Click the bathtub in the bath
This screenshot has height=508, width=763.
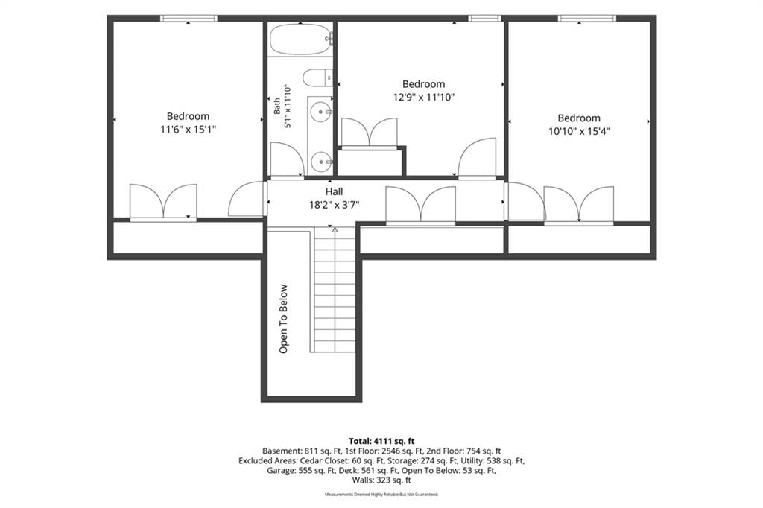point(301,39)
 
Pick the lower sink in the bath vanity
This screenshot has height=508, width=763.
point(320,162)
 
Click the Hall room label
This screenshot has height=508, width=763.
point(335,191)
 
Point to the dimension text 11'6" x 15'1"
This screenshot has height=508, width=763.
point(188,130)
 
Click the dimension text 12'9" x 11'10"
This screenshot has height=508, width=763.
point(423,98)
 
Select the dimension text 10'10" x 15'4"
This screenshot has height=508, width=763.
point(579,131)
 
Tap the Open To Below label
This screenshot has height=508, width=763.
point(284,319)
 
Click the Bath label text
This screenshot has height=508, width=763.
point(276,106)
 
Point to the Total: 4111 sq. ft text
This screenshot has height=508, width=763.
point(381,442)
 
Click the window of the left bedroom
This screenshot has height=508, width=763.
point(189,19)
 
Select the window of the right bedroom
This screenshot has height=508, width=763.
point(587,19)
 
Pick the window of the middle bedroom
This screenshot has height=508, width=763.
point(484,19)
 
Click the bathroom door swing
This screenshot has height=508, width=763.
point(287,159)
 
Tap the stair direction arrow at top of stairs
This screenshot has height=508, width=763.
point(335,229)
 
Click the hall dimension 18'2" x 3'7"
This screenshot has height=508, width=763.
point(335,205)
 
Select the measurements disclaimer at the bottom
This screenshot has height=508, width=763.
point(381,495)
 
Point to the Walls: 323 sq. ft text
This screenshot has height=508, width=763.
point(381,480)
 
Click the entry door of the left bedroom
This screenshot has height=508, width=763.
point(247,199)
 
